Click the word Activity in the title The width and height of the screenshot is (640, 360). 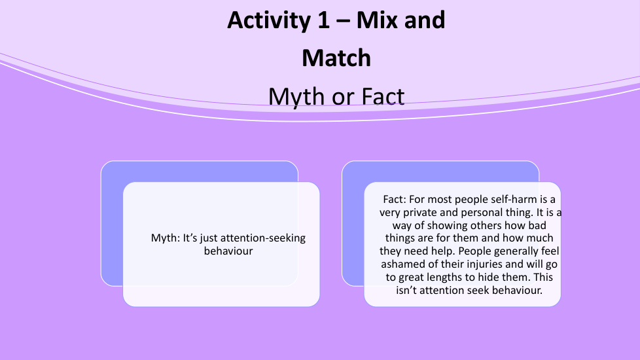(x=269, y=20)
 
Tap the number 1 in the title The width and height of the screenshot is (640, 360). (x=324, y=20)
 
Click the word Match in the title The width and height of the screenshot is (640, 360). (x=336, y=58)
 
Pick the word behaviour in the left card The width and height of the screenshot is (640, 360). (x=228, y=251)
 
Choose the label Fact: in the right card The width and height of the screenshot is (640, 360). (x=395, y=199)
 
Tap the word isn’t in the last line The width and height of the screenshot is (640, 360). (x=406, y=290)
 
